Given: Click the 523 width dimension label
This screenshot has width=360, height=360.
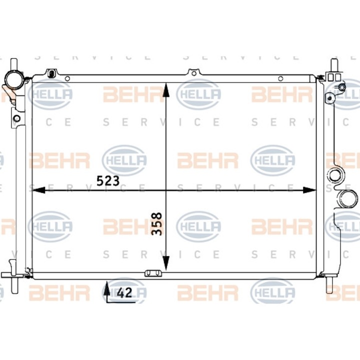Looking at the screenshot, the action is tap(108, 180).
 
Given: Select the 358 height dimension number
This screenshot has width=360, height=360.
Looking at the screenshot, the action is tap(157, 223).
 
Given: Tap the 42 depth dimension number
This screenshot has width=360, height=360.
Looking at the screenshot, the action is tap(124, 292).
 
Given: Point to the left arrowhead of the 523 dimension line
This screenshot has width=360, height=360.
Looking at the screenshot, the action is tap(38, 190).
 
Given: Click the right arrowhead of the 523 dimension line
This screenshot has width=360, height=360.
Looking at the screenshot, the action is tap(309, 190).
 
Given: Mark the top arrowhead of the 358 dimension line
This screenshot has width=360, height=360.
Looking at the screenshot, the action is tap(166, 90).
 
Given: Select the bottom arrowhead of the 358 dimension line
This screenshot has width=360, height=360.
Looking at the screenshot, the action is tap(166, 263).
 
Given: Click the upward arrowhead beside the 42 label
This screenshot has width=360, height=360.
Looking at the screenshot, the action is tap(106, 287).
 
